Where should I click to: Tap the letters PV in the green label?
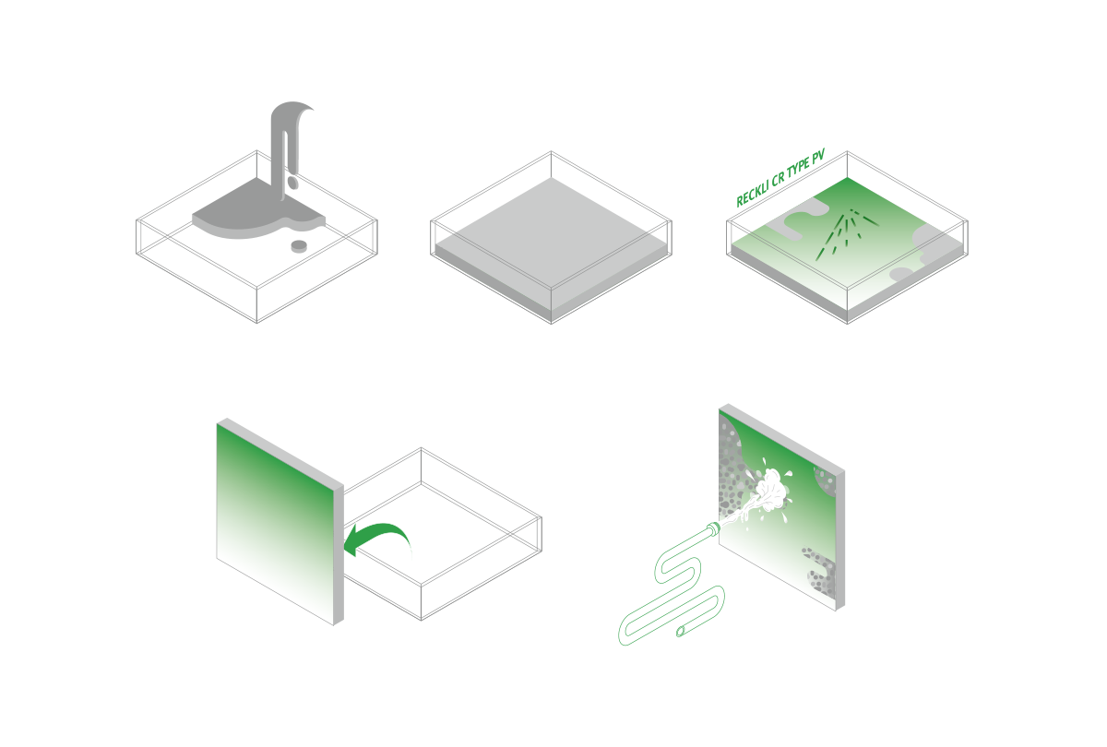click(x=819, y=158)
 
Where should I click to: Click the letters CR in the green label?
click(x=779, y=178)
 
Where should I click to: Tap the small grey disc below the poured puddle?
click(x=299, y=245)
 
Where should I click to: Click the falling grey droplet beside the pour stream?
click(x=292, y=184)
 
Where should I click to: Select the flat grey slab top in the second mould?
click(x=551, y=232)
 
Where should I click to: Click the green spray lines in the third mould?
click(x=847, y=232)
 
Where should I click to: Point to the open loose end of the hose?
click(x=681, y=631)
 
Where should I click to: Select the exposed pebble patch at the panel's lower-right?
click(x=821, y=572)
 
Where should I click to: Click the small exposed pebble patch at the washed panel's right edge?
click(x=826, y=480)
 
